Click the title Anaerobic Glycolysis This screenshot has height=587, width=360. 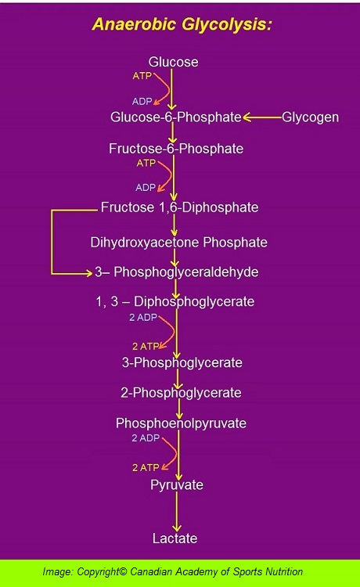tap(182, 25)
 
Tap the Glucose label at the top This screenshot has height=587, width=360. tap(173, 62)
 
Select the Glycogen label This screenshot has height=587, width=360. tap(310, 117)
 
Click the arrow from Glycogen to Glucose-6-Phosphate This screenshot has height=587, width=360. tap(262, 117)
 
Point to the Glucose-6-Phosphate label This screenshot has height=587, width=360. tap(176, 117)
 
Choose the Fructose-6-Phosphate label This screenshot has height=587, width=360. tap(176, 149)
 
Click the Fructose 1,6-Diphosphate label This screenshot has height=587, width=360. tap(180, 207)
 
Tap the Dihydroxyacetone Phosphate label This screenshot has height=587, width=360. tap(179, 242)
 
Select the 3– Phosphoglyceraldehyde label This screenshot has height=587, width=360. tap(177, 272)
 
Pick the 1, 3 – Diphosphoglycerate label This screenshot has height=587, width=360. tap(175, 302)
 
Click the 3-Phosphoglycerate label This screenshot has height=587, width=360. tap(182, 362)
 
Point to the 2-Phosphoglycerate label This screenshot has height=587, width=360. tap(181, 393)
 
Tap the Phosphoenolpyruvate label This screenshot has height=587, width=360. tap(181, 423)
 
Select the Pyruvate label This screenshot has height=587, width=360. tap(177, 485)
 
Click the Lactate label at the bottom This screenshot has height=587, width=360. tap(175, 538)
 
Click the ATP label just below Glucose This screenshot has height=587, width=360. tap(142, 76)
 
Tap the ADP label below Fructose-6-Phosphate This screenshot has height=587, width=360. tap(146, 187)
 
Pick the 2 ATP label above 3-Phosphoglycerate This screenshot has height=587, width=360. tap(146, 347)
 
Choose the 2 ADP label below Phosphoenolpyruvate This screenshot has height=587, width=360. tap(146, 438)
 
